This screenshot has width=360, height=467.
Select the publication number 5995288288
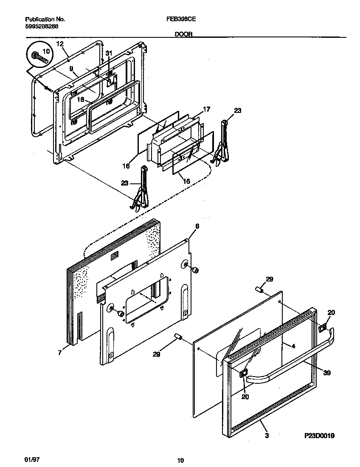coord(42,26)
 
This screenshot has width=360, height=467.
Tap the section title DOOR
coord(183,35)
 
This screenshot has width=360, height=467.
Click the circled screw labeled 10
coord(39,56)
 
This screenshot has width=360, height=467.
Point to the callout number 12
coord(59,44)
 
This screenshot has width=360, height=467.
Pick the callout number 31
coord(109,53)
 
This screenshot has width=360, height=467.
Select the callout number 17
coord(206,109)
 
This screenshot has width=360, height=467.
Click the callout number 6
coord(197,226)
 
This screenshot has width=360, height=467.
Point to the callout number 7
coord(60,352)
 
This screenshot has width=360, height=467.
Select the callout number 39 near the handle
coord(326,373)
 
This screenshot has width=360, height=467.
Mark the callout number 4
coord(292,346)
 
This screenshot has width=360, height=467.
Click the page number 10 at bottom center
coord(180,460)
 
